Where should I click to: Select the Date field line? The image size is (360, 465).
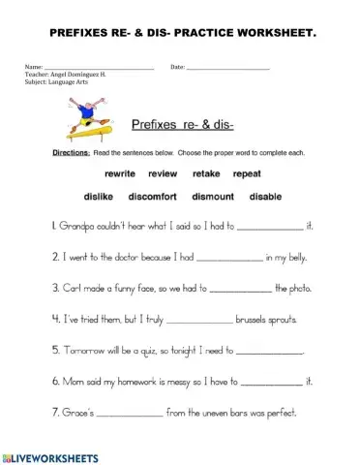coord(228,68)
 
